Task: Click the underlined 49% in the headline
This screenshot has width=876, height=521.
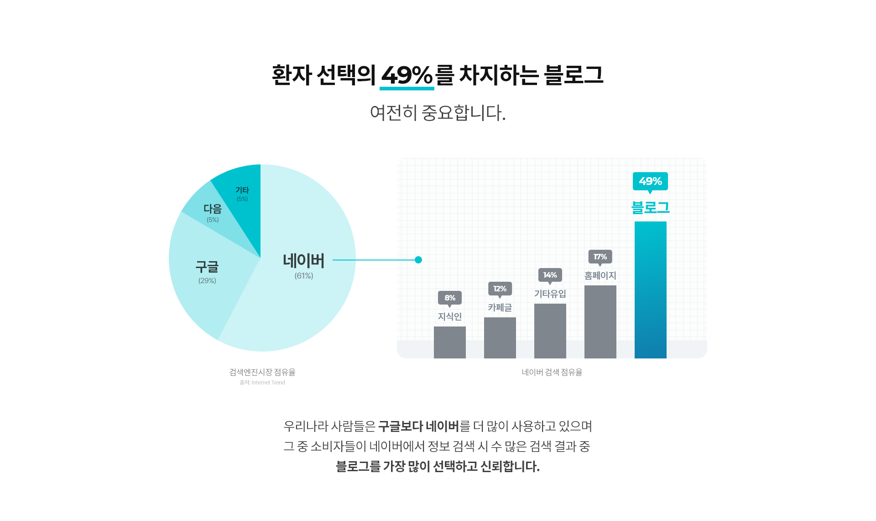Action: click(407, 75)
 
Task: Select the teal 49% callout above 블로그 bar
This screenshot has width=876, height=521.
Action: click(650, 181)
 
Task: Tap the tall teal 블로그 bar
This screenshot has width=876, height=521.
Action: click(650, 290)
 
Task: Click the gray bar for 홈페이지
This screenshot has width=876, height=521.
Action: click(600, 321)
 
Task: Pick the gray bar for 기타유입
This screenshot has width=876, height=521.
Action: click(550, 331)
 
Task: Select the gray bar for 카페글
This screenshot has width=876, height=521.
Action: click(500, 337)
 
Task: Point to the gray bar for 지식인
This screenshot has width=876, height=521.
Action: click(449, 342)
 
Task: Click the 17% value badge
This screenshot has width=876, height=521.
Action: click(600, 257)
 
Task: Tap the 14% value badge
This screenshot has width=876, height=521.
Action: click(550, 275)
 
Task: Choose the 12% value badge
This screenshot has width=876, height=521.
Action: click(500, 289)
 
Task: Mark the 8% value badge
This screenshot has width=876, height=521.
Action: click(449, 298)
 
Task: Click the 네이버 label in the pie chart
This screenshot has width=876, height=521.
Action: click(303, 261)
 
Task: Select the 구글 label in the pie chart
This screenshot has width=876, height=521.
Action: click(207, 267)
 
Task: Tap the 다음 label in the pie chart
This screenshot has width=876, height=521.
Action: click(213, 209)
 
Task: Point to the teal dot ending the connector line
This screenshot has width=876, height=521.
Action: click(418, 260)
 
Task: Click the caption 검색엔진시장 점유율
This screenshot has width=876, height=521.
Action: click(262, 372)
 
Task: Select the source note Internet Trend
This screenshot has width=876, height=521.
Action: click(262, 383)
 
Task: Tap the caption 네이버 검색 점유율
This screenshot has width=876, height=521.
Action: click(552, 372)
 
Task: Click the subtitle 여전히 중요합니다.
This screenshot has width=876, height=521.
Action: click(438, 113)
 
